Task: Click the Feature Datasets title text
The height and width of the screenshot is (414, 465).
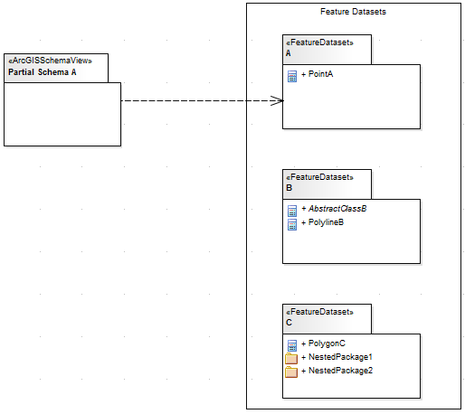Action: (x=354, y=12)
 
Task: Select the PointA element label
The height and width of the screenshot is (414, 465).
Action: (x=321, y=74)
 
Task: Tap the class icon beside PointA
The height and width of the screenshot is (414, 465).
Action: (x=291, y=76)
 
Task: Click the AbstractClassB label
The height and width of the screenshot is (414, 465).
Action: (x=338, y=209)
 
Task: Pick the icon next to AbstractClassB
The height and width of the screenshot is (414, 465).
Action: (x=291, y=211)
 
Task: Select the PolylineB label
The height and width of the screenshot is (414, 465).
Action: (x=326, y=222)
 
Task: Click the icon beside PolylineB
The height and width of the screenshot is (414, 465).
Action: (x=291, y=224)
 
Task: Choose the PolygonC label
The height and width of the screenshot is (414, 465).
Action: (x=325, y=343)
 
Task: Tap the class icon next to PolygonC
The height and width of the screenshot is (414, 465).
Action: (x=291, y=345)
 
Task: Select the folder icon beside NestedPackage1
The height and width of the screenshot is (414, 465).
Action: (x=291, y=359)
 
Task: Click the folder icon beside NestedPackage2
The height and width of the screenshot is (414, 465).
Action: (x=291, y=372)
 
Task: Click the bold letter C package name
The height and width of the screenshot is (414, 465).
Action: (x=289, y=324)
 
